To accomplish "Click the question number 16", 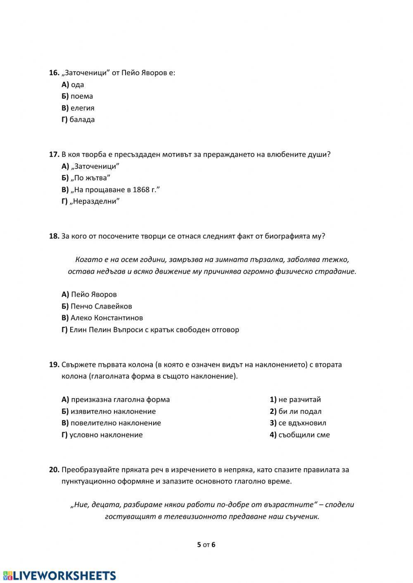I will tap(54, 73).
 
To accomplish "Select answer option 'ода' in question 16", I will tap(77, 85).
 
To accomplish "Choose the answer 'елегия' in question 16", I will tap(82, 108).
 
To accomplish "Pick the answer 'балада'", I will tap(82, 120).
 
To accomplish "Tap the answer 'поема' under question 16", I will tap(81, 96).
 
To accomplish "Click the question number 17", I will tap(54, 154).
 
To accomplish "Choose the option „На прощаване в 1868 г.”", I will tap(115, 190).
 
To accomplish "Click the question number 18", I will tap(54, 236).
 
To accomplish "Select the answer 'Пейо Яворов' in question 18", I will tap(94, 295).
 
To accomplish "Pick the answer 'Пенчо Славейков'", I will tap(101, 306).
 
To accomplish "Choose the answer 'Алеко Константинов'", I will tap(107, 318).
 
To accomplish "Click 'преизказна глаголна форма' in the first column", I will tap(120, 399).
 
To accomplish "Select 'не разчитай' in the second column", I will tap(299, 399).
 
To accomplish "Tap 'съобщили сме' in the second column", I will tap(304, 435).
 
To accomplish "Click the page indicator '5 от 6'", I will tap(206, 545).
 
